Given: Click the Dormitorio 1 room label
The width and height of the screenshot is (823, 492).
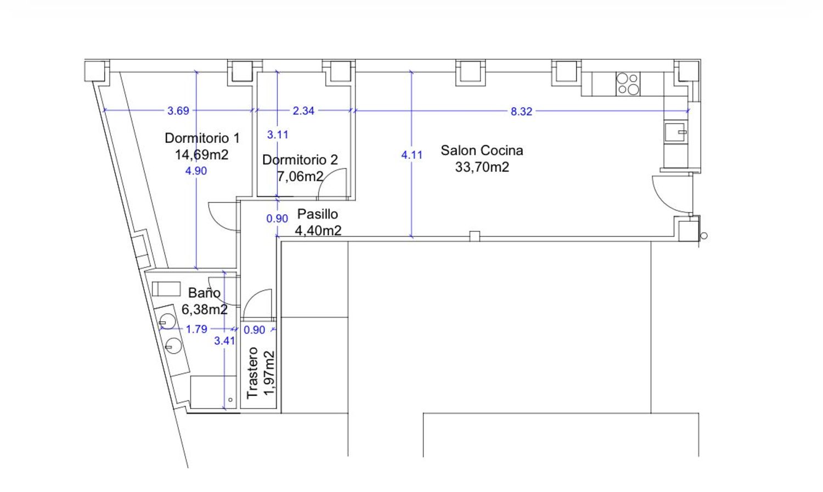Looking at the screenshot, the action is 202,138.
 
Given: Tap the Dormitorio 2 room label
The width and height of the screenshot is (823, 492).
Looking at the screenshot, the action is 300,160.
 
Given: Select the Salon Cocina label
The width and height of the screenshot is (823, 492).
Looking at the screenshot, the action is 482,150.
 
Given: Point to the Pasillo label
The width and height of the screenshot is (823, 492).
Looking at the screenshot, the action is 318,214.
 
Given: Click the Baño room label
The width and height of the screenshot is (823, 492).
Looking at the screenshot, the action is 204,293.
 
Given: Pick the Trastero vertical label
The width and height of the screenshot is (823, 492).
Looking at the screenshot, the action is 252,373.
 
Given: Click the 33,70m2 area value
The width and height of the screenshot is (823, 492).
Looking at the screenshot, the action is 482,167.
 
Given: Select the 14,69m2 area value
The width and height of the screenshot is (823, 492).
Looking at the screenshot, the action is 202,155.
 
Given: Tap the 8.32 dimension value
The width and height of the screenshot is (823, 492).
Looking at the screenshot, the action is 521,111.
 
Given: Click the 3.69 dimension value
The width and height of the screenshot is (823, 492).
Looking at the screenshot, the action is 178,111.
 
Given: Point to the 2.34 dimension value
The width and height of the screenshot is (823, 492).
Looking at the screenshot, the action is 303,111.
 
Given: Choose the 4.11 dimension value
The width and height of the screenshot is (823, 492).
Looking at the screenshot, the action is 412,155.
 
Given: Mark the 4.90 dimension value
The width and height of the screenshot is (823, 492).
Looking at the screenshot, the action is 196,171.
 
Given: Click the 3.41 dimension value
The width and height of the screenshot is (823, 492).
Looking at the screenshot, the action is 224,341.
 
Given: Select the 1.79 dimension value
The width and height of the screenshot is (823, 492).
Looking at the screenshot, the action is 196,329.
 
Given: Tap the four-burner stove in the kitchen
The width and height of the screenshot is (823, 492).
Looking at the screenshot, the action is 628,84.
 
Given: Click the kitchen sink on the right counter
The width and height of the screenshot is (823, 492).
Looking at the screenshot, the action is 675,132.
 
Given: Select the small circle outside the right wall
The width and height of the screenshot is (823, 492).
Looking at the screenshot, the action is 704,236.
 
